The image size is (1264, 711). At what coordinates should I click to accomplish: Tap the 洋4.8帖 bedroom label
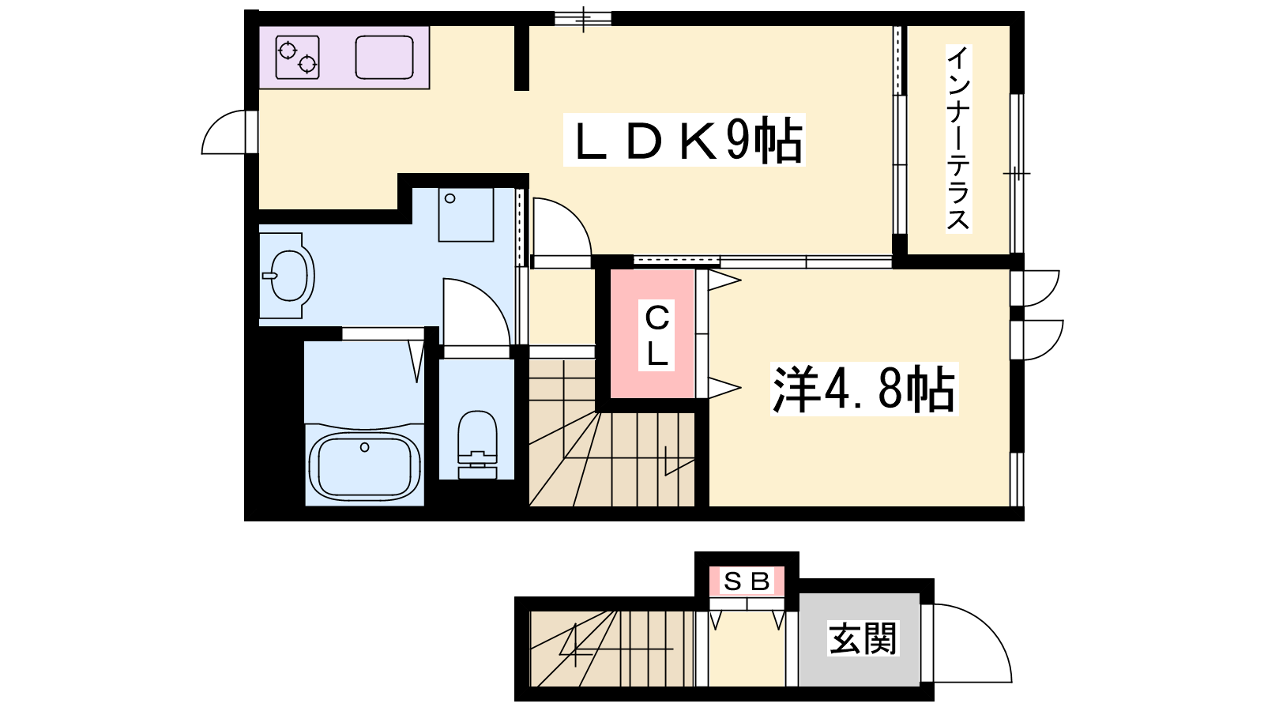863,389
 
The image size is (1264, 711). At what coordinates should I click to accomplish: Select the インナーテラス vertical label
958,139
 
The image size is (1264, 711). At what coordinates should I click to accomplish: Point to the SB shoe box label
747,581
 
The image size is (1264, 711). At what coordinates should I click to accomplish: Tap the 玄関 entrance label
863,638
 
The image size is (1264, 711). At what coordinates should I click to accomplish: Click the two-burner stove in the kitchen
297,57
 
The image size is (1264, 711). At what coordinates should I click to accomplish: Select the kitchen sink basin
384,57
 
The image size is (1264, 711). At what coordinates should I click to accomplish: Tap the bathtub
364,466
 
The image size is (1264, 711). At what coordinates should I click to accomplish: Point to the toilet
478,444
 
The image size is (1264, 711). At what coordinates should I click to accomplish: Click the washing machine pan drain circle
450,198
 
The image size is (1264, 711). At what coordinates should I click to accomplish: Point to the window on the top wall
583,18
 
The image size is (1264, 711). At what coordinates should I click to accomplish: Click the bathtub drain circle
364,447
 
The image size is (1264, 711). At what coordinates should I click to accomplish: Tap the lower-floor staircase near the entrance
611,649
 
